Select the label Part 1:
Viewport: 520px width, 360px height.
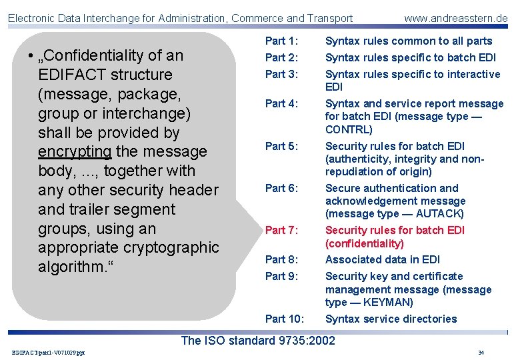tap(281, 41)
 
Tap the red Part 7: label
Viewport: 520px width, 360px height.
tap(281, 231)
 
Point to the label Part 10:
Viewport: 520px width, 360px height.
tap(285, 319)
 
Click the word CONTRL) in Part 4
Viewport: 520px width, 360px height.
tap(349, 129)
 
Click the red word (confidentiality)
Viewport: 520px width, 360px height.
tap(365, 244)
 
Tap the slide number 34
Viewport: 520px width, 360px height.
tap(481, 353)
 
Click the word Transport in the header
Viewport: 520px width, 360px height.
tap(328, 18)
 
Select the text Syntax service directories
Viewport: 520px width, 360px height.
tap(391, 319)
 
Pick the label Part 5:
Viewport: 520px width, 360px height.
tap(281, 146)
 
